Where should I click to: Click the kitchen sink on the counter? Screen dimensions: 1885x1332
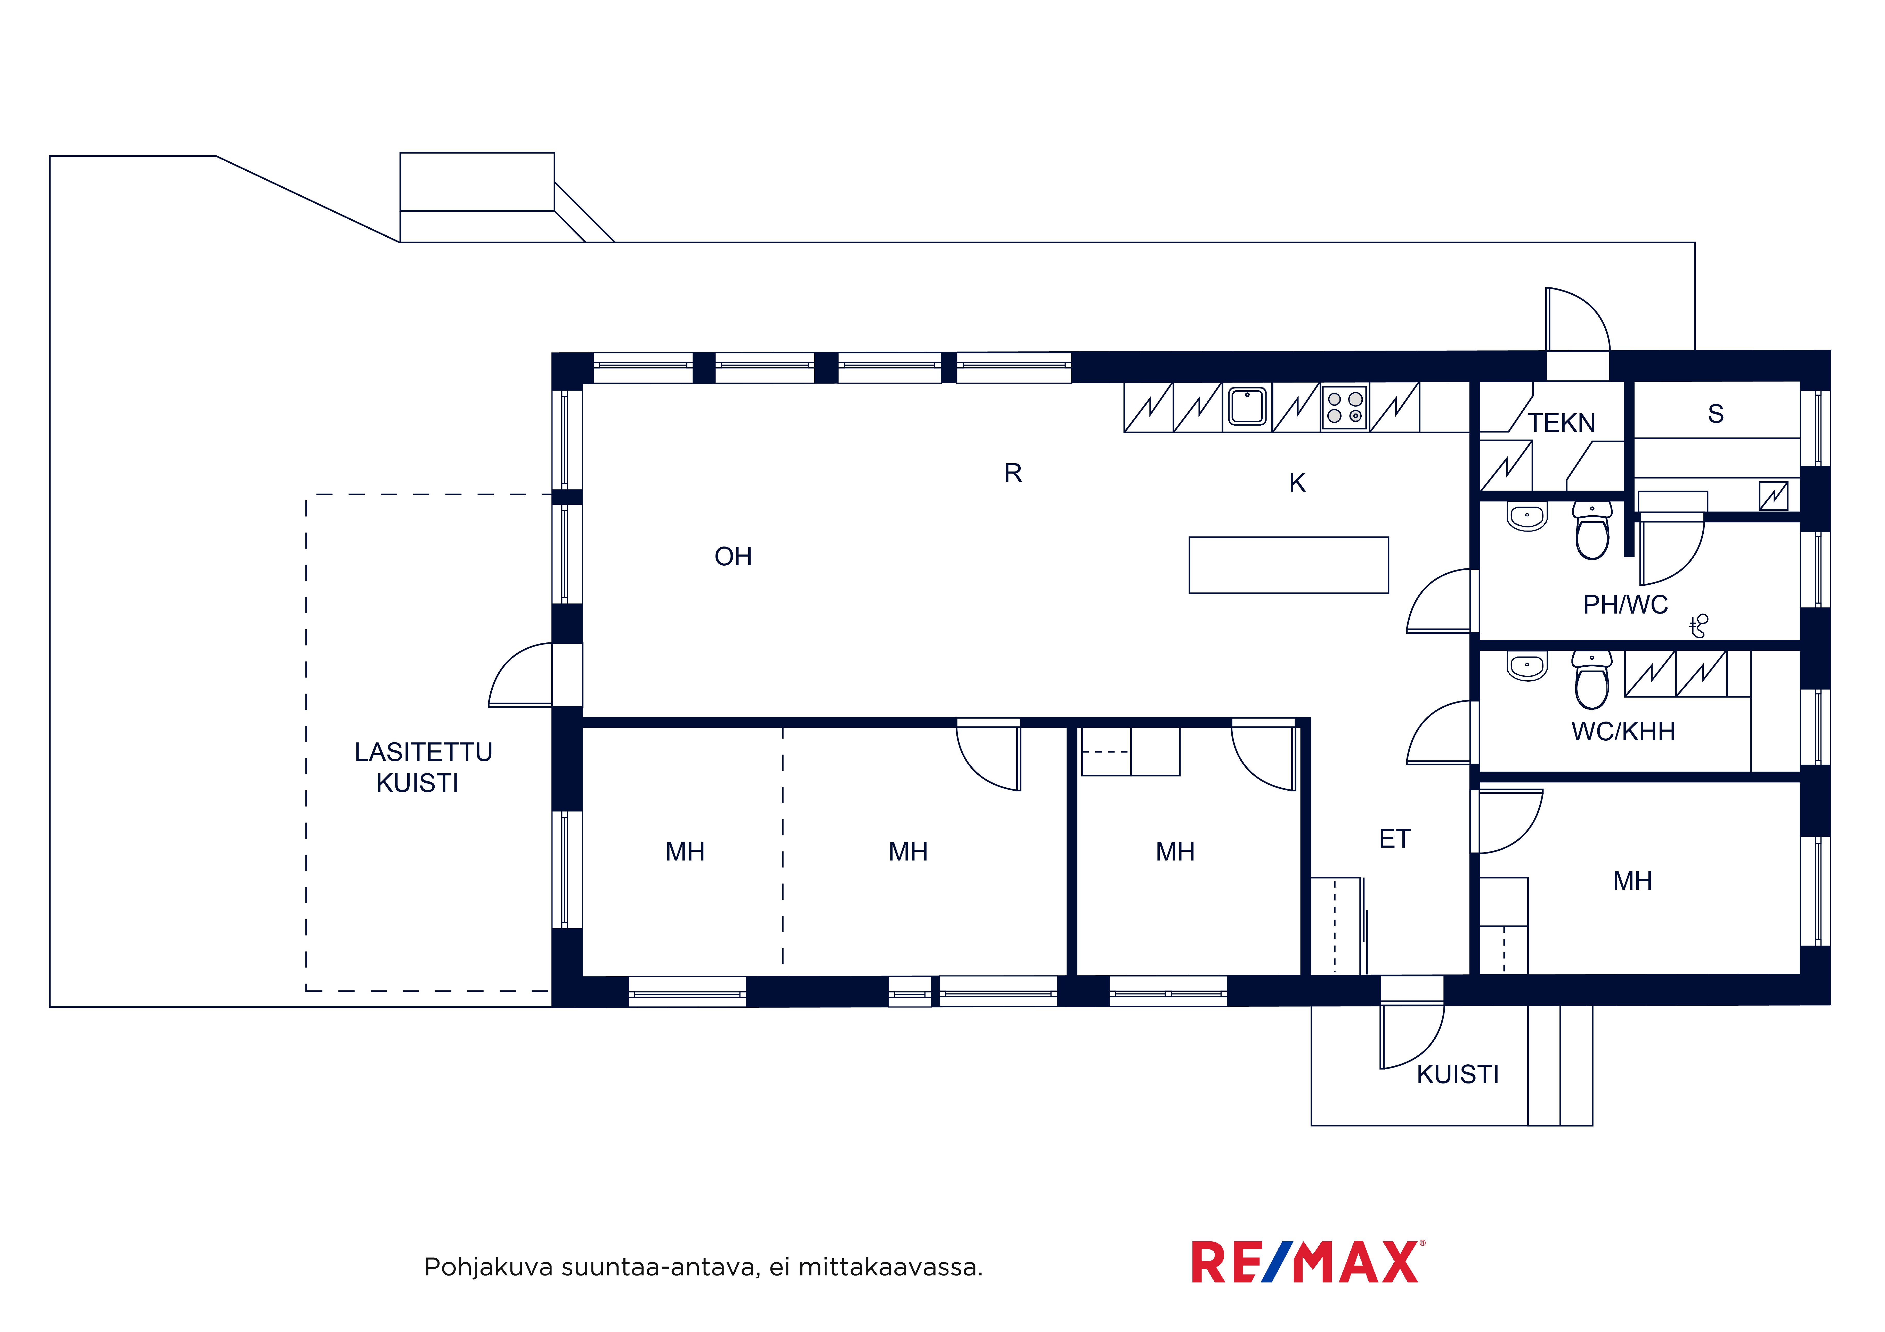pos(1247,406)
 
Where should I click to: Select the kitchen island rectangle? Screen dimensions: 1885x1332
pos(1288,565)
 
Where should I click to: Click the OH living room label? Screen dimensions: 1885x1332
pos(733,556)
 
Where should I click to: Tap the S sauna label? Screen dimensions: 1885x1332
pos(1715,414)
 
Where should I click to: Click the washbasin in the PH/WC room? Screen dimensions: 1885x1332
pos(1527,517)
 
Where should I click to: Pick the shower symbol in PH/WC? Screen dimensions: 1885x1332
pos(1699,625)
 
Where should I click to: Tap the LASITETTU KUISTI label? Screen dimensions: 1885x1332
pos(423,767)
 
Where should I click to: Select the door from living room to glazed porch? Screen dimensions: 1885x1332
pos(521,675)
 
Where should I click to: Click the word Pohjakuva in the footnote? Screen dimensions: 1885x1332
pos(489,1267)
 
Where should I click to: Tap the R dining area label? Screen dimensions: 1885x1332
pos(1013,473)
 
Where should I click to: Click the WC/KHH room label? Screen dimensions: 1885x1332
pos(1623,731)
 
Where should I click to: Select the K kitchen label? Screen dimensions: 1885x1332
pos(1297,483)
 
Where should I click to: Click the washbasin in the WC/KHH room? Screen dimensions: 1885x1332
pos(1527,666)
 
